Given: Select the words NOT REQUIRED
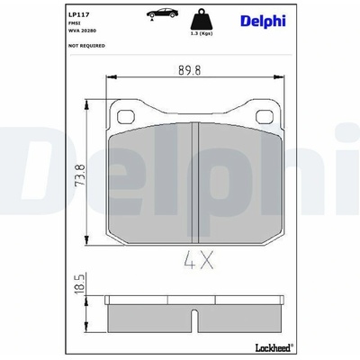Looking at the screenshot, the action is point(86,46).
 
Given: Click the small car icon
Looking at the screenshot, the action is point(162,13).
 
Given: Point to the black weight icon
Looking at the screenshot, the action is point(202,19).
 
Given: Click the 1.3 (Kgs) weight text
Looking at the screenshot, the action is point(202,33).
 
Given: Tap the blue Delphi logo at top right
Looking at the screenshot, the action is point(263,21).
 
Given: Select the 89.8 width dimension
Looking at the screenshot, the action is point(190,70).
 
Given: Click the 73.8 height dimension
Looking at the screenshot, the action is point(81,175).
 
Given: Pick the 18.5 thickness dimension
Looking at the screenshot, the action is point(81,283).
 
